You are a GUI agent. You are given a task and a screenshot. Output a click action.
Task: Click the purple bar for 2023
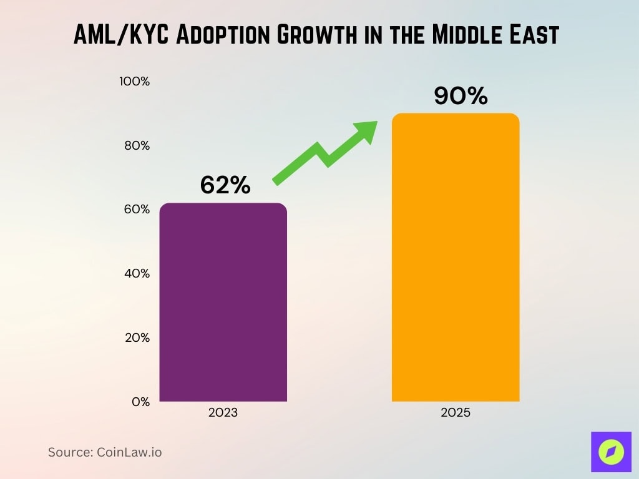coord(223,302)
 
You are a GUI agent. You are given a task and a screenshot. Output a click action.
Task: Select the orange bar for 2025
coord(456,258)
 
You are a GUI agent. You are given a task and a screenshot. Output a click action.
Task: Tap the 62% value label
coord(225,185)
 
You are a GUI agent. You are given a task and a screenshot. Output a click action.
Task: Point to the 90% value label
coord(461,96)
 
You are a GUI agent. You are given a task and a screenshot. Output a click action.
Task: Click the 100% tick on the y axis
coord(135,82)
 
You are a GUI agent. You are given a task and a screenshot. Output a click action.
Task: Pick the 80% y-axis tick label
coord(137,146)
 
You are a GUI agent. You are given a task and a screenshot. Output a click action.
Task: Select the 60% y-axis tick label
coord(137,210)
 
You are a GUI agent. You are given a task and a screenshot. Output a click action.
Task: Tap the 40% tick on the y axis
coord(137,274)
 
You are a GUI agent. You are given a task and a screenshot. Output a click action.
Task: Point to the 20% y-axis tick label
coord(137,338)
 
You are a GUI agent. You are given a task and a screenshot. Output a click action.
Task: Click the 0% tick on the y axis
coord(141,402)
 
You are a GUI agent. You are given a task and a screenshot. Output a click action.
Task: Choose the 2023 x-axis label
coord(223,414)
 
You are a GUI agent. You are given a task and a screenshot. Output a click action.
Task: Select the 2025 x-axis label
coord(456,414)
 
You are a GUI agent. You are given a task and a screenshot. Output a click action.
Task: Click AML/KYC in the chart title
coord(121,36)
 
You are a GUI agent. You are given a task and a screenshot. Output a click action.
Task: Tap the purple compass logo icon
coord(611,452)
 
